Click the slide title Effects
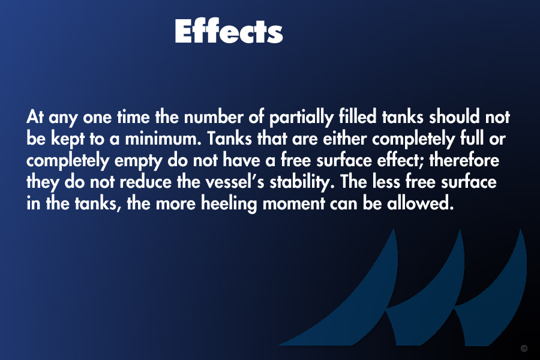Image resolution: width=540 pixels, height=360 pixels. (x=229, y=31)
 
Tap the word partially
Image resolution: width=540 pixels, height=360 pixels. (x=301, y=118)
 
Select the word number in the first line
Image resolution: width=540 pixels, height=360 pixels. (x=214, y=117)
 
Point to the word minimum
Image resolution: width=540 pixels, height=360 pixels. (x=163, y=139)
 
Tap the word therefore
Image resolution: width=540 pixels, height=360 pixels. (x=464, y=160)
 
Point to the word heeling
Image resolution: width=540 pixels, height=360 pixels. (x=229, y=204)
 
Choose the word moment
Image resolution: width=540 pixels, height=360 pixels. (x=293, y=203)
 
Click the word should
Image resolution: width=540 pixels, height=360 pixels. (x=454, y=117)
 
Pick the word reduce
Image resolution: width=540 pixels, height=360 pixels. (x=145, y=182)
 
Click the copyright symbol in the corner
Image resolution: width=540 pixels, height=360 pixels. (x=524, y=348)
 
